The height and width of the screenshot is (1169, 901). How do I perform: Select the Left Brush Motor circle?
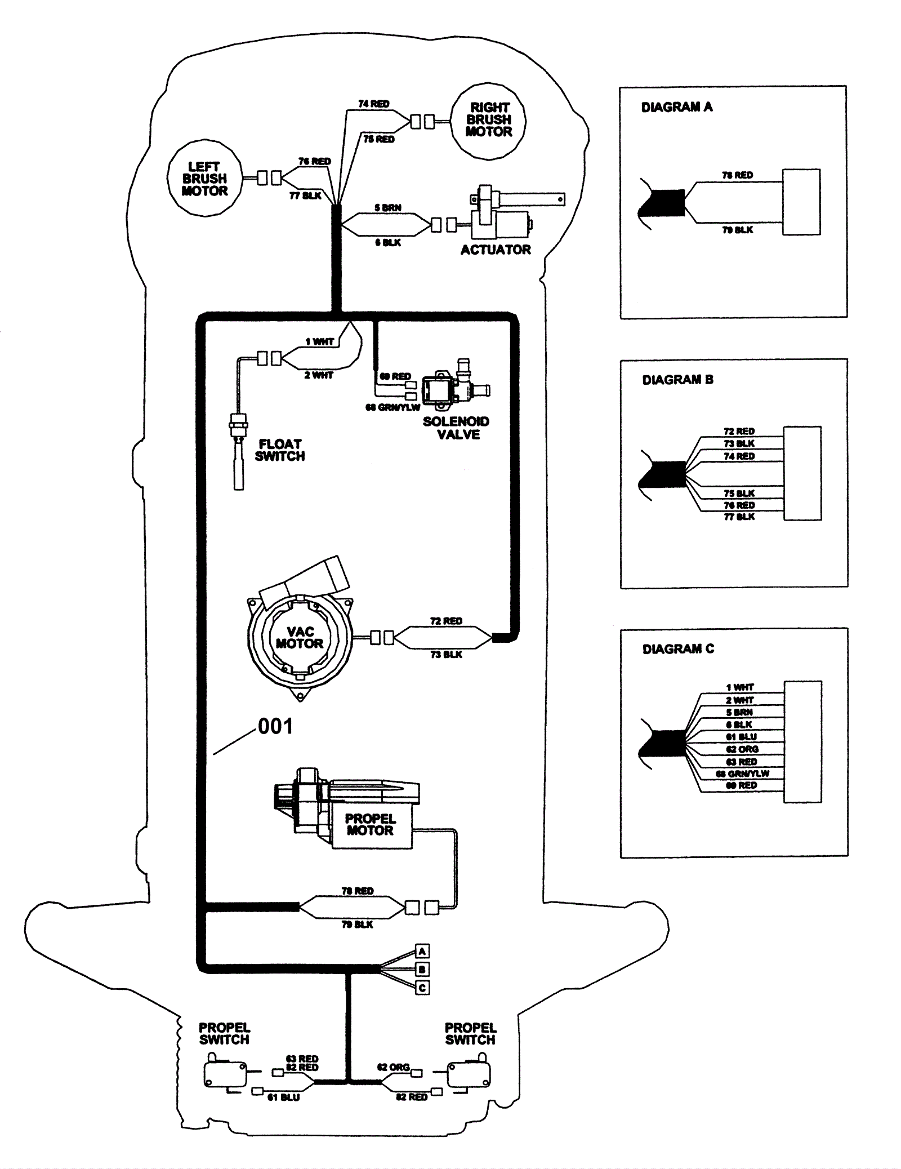click(204, 179)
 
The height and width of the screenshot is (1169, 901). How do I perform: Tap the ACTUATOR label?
click(496, 250)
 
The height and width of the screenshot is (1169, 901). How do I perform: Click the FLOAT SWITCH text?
click(280, 450)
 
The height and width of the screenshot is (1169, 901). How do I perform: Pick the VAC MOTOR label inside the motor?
click(300, 638)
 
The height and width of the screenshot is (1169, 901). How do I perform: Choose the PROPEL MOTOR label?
click(371, 824)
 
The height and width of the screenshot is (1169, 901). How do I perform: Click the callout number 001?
click(275, 726)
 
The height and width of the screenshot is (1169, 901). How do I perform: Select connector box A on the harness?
click(422, 952)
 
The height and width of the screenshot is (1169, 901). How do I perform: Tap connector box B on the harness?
click(422, 970)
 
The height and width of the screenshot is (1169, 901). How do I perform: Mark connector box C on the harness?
click(422, 988)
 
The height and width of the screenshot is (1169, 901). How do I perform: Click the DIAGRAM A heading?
click(677, 107)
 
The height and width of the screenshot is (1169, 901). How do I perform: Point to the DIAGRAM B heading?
click(678, 380)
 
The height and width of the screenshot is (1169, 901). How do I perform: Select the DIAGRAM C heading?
click(678, 649)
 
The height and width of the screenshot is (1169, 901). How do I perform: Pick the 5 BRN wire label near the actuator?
click(388, 208)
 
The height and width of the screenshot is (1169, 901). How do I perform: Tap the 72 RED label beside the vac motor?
click(446, 621)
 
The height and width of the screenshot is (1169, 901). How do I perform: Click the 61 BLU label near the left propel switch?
click(283, 1097)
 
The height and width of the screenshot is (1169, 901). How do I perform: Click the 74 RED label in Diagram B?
click(739, 456)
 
